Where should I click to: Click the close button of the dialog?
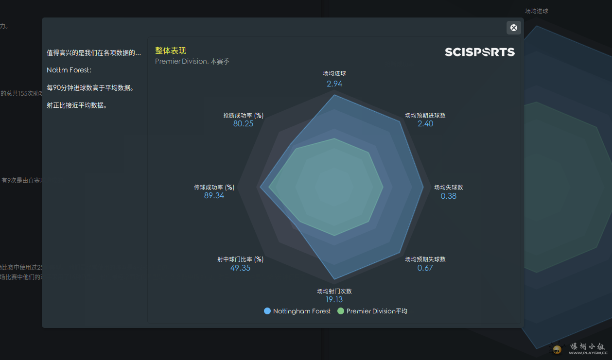click(x=514, y=28)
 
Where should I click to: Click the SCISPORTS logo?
click(x=479, y=52)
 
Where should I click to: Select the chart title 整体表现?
click(x=170, y=51)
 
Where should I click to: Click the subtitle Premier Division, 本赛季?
click(x=192, y=62)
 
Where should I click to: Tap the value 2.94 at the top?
click(x=334, y=84)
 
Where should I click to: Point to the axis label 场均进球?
click(x=334, y=73)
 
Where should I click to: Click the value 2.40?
click(x=425, y=124)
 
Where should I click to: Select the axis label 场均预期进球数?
click(x=425, y=116)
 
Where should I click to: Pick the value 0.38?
click(x=449, y=196)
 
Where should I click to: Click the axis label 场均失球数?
click(x=449, y=188)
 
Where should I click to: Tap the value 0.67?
click(x=425, y=268)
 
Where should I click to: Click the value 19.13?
click(x=334, y=300)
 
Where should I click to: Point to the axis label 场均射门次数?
click(x=334, y=291)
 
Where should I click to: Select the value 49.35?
click(x=240, y=268)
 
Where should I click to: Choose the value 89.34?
click(x=214, y=196)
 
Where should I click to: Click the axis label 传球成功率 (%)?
click(x=214, y=188)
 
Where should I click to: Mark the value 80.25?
click(x=243, y=124)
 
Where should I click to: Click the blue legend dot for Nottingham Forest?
click(x=267, y=311)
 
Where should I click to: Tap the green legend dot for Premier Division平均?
click(x=341, y=311)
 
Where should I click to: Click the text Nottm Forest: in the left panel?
click(x=69, y=70)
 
